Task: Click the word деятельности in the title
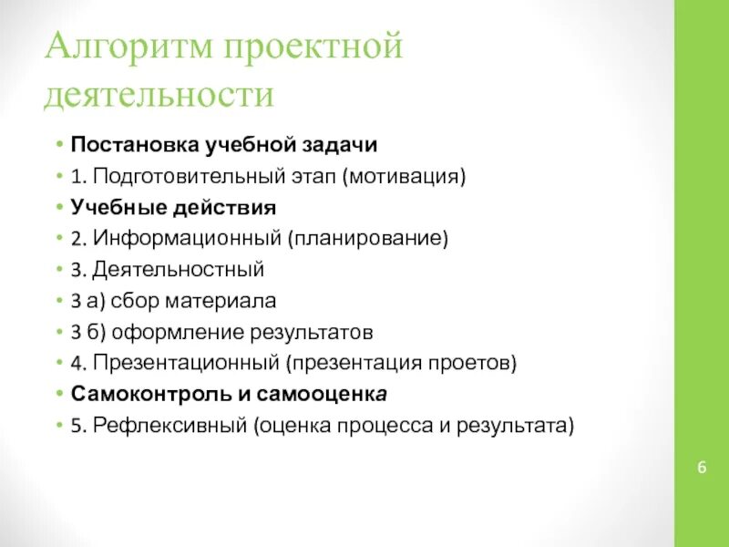159,95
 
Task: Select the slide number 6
702,468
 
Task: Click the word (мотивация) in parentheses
404,176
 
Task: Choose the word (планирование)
369,239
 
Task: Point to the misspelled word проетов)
474,363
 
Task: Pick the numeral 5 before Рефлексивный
75,426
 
